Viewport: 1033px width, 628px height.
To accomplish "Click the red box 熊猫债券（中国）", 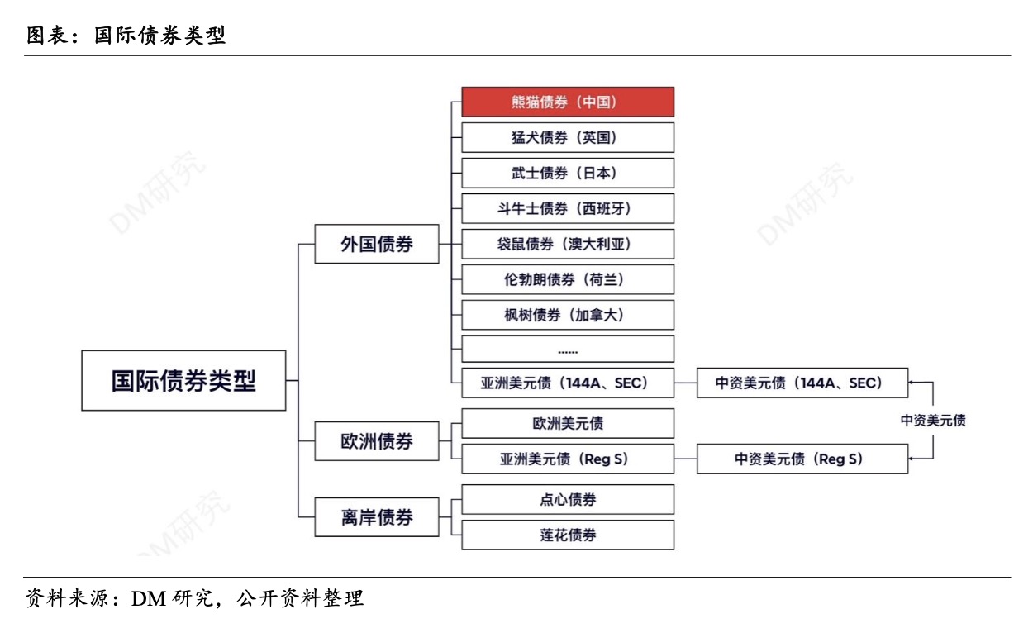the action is click(x=568, y=102).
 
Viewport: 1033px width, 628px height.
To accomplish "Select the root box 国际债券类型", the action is click(x=183, y=380).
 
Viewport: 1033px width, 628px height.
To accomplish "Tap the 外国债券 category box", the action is click(x=377, y=244).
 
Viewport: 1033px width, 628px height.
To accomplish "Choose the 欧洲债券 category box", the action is click(x=377, y=441).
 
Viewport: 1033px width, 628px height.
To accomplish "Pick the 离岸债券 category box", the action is click(x=377, y=517).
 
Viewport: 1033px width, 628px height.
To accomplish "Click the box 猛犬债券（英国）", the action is click(x=568, y=137).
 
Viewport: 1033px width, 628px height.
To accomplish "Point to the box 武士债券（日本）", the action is click(x=568, y=173).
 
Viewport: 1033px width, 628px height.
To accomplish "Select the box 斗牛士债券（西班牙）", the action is click(x=568, y=208).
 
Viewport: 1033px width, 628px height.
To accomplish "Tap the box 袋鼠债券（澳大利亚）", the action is click(x=568, y=244).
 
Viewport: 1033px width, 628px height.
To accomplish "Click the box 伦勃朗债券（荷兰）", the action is click(x=568, y=279).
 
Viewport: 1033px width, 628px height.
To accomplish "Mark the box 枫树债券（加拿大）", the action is click(x=568, y=315).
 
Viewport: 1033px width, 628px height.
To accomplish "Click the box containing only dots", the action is click(x=568, y=349).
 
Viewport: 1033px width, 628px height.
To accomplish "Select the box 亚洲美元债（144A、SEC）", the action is click(x=568, y=383).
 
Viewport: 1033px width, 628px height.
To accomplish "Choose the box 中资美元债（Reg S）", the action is click(x=802, y=459).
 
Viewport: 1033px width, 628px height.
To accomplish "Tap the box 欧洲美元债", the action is click(x=568, y=423).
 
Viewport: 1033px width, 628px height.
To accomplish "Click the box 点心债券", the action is click(x=568, y=499).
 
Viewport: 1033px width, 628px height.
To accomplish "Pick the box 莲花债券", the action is click(x=568, y=535).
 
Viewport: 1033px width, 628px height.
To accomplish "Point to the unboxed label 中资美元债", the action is click(x=933, y=421).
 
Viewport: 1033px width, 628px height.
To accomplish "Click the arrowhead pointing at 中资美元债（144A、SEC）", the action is click(x=912, y=383).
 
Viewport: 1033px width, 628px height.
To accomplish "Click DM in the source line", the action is click(x=149, y=599).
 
